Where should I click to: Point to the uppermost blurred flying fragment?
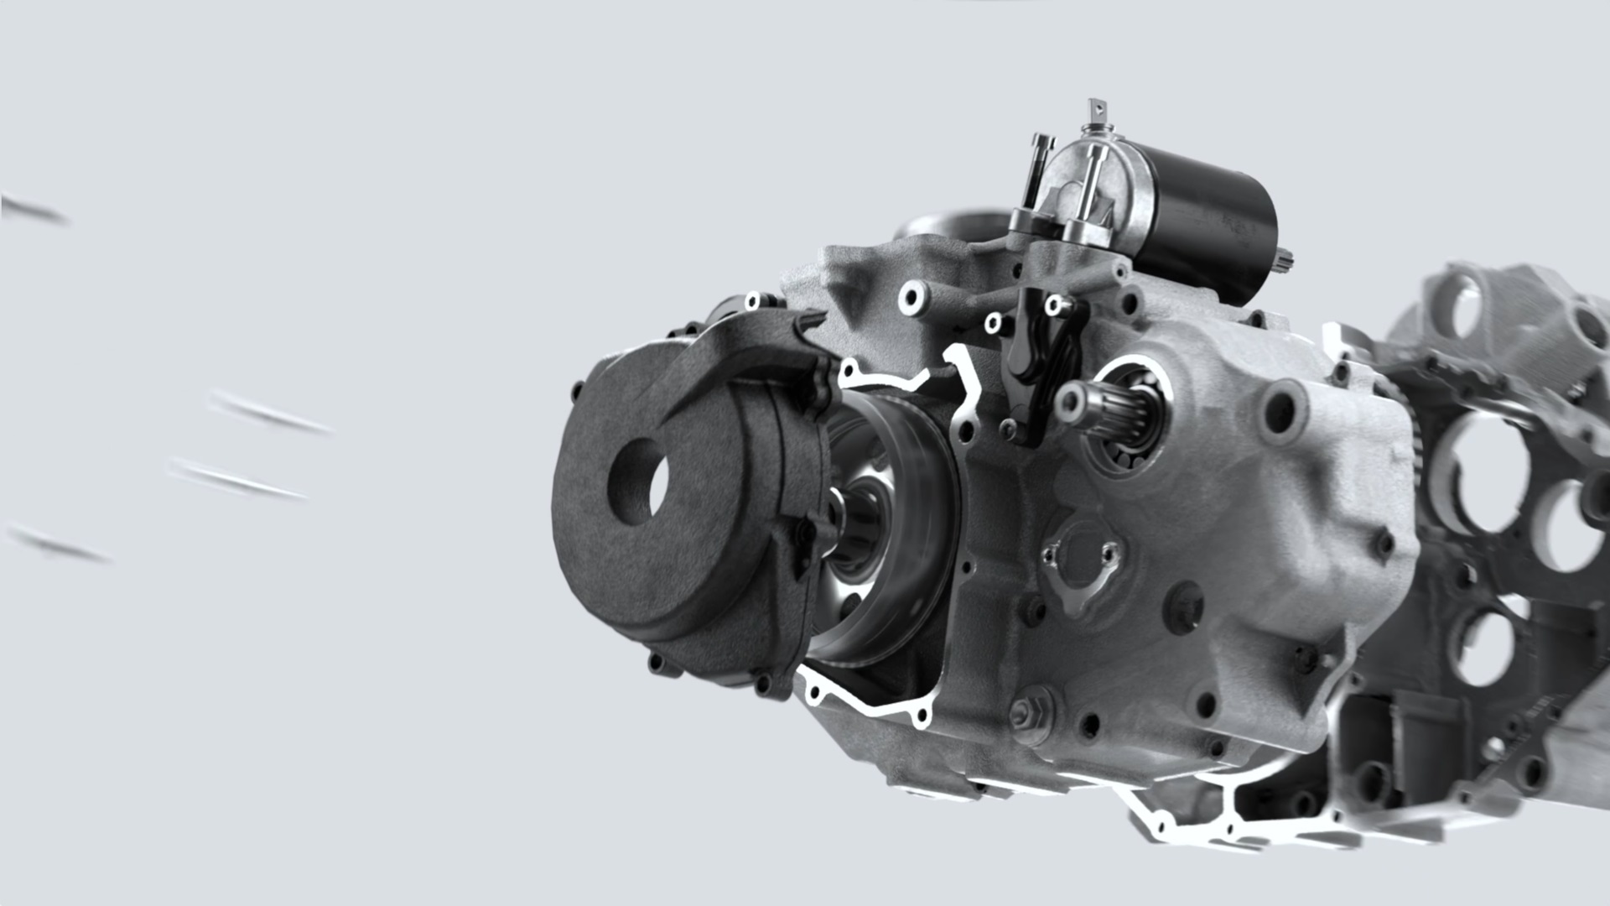(34, 210)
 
